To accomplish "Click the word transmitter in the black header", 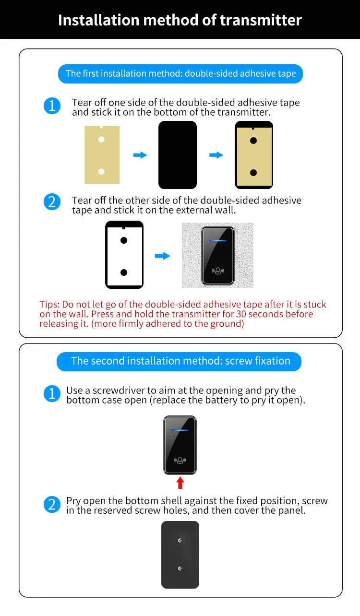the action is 261,20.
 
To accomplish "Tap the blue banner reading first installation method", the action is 180,74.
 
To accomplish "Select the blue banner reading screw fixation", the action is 179,361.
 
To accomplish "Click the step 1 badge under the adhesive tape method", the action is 52,106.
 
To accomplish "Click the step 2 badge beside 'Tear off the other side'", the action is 52,202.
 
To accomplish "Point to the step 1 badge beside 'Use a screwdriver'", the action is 52,393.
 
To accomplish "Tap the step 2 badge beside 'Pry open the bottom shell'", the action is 52,505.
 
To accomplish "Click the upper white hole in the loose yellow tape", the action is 101,140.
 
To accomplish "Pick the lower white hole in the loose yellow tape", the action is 101,172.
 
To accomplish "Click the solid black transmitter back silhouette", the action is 178,155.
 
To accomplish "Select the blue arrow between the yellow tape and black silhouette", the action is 140,155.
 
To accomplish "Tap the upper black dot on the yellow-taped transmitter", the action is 253,141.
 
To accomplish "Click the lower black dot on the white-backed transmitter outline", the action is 124,272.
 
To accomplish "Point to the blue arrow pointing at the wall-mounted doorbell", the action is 163,256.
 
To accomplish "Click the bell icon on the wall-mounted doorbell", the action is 218,271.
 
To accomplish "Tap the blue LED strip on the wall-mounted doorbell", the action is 218,241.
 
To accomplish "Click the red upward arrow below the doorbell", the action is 180,483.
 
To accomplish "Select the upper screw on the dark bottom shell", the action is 180,540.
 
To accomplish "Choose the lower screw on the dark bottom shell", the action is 180,568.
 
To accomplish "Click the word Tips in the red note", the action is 49,305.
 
